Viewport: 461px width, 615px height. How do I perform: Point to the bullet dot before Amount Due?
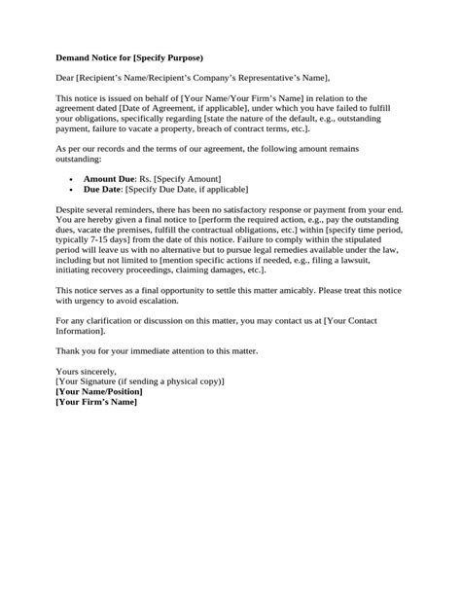pyautogui.click(x=75, y=181)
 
